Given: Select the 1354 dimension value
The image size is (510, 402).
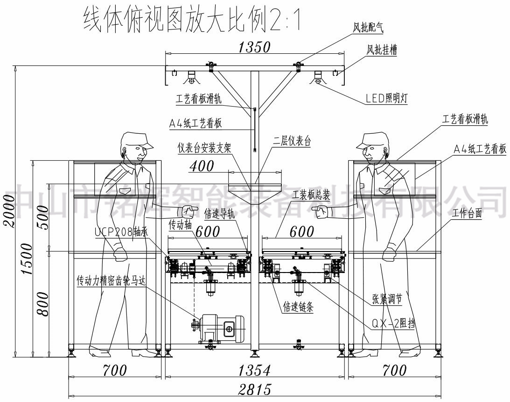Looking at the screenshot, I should coord(254,371).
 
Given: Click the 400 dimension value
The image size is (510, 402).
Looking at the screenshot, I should coord(202,166).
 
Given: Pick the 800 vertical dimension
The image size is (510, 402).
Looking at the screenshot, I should coord(42,304).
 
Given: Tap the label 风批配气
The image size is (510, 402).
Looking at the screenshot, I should coord(368,28).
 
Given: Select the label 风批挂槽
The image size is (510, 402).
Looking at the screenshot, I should coord(382,51).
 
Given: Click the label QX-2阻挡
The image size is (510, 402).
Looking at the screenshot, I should coord(394,323).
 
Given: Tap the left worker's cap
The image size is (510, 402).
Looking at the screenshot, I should coord(136,139).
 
